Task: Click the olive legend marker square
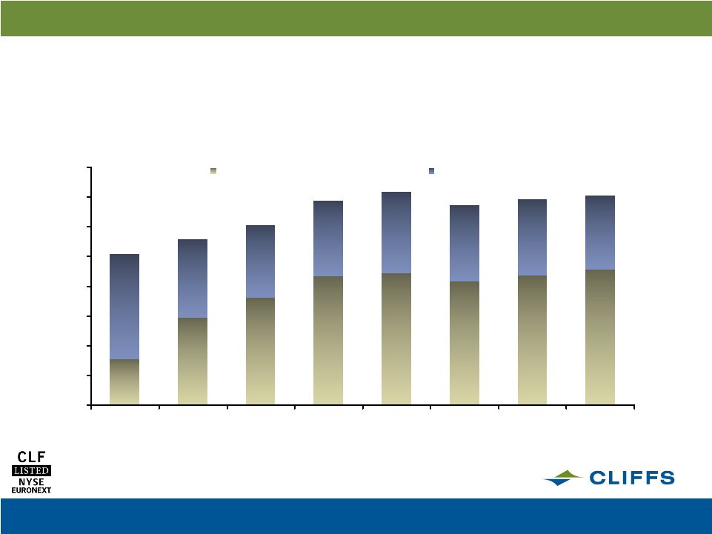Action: pyautogui.click(x=213, y=171)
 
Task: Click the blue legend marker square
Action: pyautogui.click(x=431, y=171)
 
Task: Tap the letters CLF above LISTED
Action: pyautogui.click(x=31, y=457)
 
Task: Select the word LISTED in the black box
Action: pyautogui.click(x=31, y=470)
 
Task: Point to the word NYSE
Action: pyautogui.click(x=31, y=481)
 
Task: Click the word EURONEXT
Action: pyautogui.click(x=31, y=490)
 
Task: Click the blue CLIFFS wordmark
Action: pyautogui.click(x=632, y=478)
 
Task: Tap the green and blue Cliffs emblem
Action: pyautogui.click(x=562, y=478)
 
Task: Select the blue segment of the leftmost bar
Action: pyautogui.click(x=124, y=307)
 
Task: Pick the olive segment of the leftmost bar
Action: pyautogui.click(x=124, y=382)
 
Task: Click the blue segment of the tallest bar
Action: pyautogui.click(x=396, y=233)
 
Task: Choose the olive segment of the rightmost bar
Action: pyautogui.click(x=600, y=337)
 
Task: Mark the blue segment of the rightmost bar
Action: pyautogui.click(x=600, y=233)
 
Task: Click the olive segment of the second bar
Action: pyautogui.click(x=193, y=361)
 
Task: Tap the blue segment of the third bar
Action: pyautogui.click(x=260, y=261)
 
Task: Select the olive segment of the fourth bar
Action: pyautogui.click(x=328, y=340)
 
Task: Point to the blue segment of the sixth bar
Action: pyautogui.click(x=465, y=244)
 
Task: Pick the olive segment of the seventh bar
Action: pyautogui.click(x=532, y=340)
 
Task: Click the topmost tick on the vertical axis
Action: pyautogui.click(x=89, y=167)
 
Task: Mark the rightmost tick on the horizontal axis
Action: pyautogui.click(x=634, y=407)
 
